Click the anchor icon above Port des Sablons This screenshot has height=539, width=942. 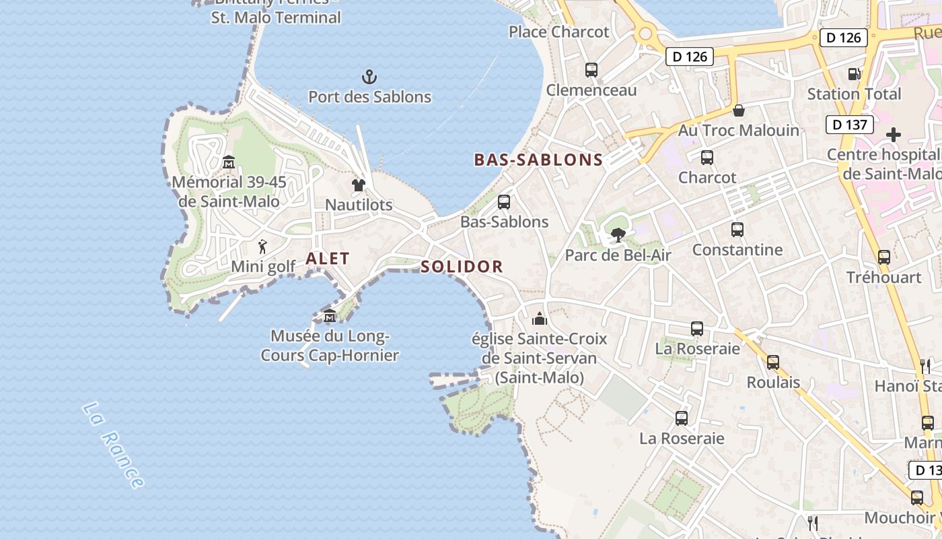tap(369, 76)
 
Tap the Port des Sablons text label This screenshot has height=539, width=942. tap(369, 96)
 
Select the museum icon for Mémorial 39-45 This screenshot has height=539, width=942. tap(229, 162)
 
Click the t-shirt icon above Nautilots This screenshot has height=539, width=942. tap(359, 185)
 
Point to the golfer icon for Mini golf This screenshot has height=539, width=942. tap(262, 247)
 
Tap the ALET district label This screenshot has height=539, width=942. tap(328, 258)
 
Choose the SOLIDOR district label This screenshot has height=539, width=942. tap(462, 266)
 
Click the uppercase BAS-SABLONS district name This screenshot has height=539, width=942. tap(538, 160)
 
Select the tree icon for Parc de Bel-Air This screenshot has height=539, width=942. tap(618, 235)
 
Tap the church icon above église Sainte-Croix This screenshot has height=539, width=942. tap(540, 319)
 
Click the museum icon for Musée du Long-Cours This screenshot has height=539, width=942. tap(330, 315)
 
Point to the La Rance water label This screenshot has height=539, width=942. tap(113, 445)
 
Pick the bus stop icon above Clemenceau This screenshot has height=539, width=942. tap(591, 69)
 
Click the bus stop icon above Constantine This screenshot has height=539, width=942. tap(737, 230)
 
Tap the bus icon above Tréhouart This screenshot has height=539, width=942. tap(884, 257)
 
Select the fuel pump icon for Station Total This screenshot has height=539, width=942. tap(854, 74)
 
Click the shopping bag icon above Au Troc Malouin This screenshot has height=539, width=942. tap(739, 110)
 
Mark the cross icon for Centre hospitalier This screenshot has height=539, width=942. tap(893, 135)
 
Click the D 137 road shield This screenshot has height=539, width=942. tap(849, 124)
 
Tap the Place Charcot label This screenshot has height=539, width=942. tap(558, 32)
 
